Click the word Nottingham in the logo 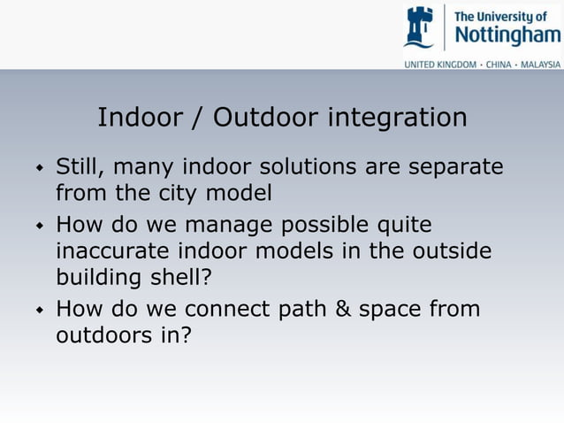[x=507, y=35]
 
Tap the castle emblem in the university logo [x=420, y=27]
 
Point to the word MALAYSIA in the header [x=540, y=65]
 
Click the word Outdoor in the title [x=266, y=118]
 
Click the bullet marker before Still [x=39, y=167]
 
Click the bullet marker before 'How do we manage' [x=39, y=227]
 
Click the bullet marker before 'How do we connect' [x=39, y=311]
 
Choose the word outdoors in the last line [x=101, y=336]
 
